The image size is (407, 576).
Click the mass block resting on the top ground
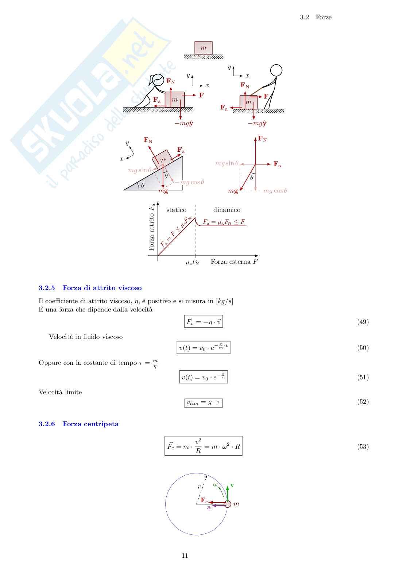203,48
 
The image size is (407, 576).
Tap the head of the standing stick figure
276,70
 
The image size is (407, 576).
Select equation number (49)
363,322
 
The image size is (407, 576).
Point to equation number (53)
363,447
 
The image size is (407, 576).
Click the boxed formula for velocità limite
203,403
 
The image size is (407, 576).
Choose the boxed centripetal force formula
203,446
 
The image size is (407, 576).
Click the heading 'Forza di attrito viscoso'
102,288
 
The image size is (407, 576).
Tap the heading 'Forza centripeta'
90,424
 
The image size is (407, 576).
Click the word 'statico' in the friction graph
176,210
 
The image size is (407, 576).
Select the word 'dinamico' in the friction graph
226,210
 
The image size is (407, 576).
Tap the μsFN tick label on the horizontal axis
192,263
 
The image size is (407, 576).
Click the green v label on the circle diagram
232,486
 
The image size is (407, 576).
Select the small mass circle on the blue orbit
228,504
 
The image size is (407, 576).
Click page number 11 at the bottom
185,556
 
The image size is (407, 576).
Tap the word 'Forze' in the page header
323,17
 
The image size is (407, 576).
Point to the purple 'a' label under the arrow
209,507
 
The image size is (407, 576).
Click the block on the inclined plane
161,159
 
